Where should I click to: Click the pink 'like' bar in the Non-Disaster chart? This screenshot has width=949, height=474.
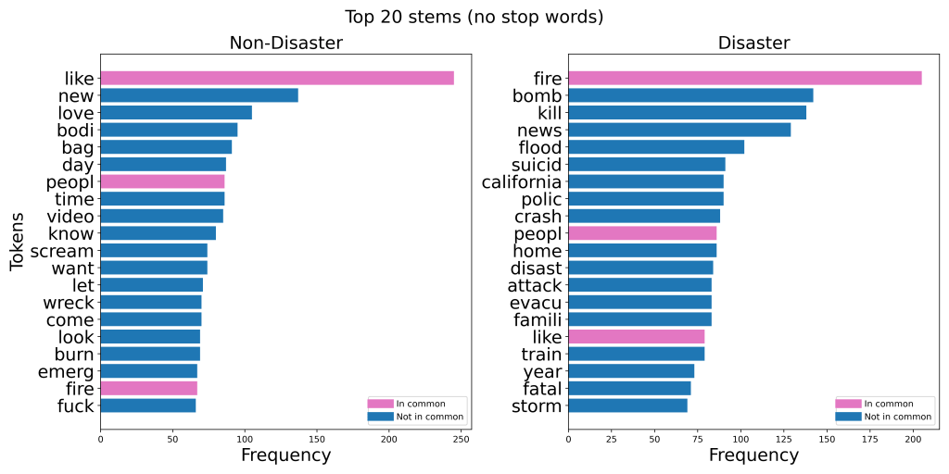[x=277, y=78]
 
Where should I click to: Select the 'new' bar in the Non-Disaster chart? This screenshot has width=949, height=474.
[x=199, y=95]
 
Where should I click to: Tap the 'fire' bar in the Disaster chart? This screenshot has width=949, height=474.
[x=744, y=78]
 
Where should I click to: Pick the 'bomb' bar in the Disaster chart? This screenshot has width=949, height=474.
[x=690, y=95]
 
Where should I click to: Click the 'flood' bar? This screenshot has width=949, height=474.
[x=656, y=147]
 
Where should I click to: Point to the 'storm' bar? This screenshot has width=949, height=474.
[x=627, y=405]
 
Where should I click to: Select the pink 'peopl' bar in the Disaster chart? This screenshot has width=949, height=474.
[x=642, y=233]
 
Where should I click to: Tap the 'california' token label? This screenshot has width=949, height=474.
[x=522, y=181]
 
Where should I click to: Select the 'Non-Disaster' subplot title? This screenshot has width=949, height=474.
[x=285, y=44]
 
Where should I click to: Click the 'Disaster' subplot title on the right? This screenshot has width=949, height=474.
[x=753, y=44]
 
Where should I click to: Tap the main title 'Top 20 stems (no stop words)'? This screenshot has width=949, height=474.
[x=474, y=17]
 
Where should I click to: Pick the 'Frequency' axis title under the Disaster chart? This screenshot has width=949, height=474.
[x=753, y=455]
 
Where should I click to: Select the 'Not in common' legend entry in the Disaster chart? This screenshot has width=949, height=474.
[x=887, y=417]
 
